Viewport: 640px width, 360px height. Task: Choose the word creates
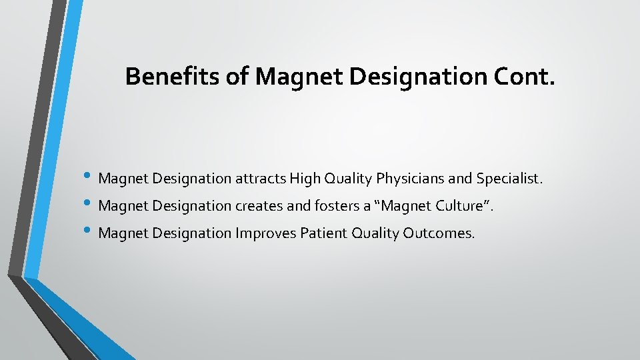pyautogui.click(x=255, y=207)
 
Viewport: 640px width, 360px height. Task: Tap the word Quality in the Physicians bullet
pyautogui.click(x=347, y=179)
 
